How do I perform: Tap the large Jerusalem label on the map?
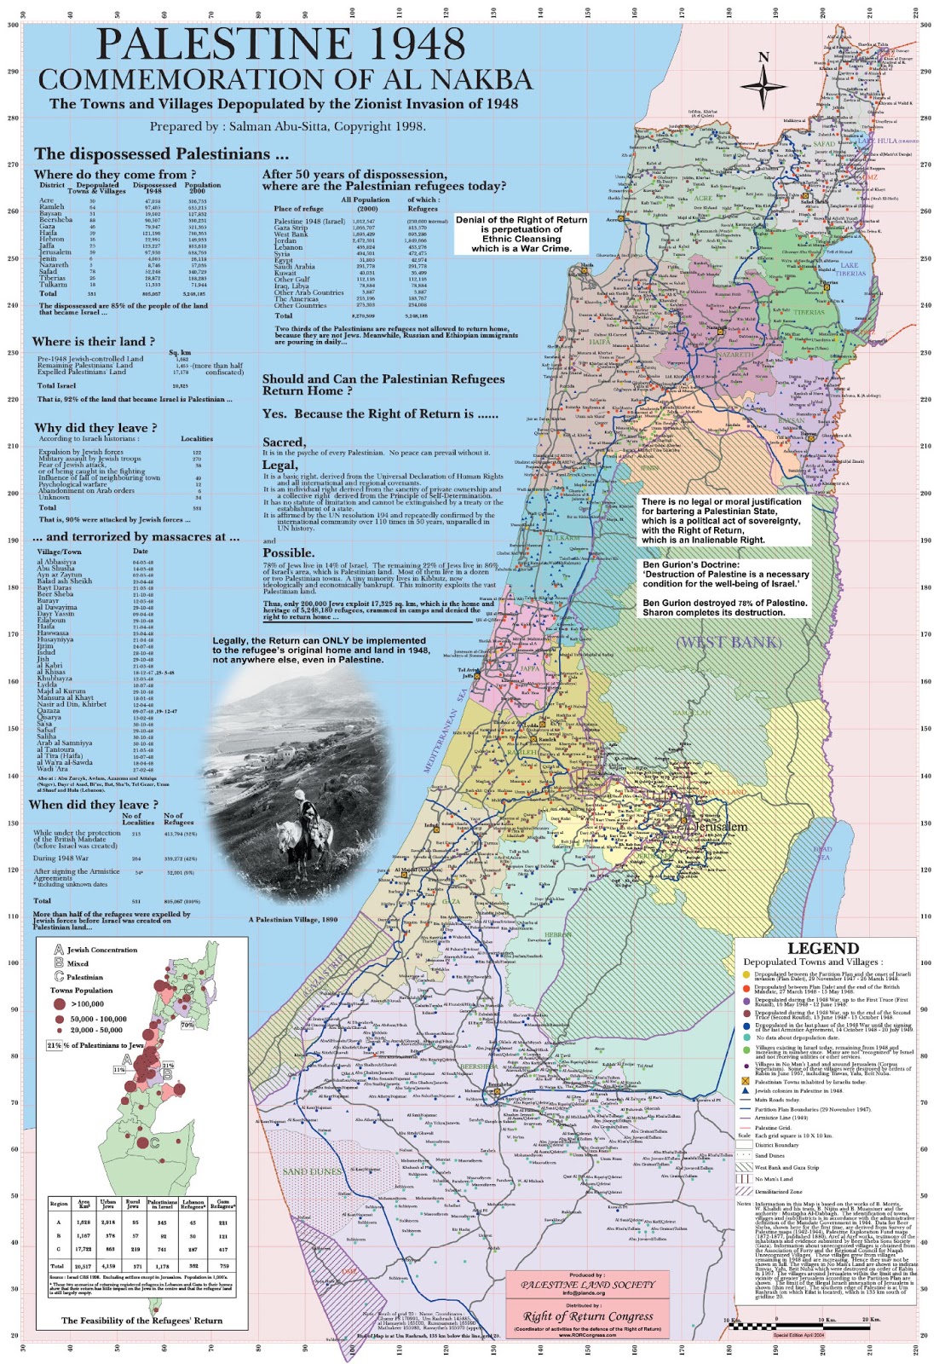[x=721, y=826]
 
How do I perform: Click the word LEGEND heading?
[x=822, y=948]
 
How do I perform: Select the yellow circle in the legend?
[x=746, y=974]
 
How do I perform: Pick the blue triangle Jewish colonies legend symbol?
[x=746, y=1090]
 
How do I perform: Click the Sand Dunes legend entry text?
[x=769, y=1156]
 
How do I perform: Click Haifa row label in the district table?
[x=48, y=232]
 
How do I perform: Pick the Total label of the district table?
[x=48, y=293]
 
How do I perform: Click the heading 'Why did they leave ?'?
[x=95, y=427]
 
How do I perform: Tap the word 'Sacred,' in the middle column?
[x=283, y=442]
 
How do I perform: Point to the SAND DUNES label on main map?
[x=311, y=1171]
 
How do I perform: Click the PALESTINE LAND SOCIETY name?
[x=588, y=1284]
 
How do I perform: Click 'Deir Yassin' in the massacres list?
[x=55, y=614]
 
